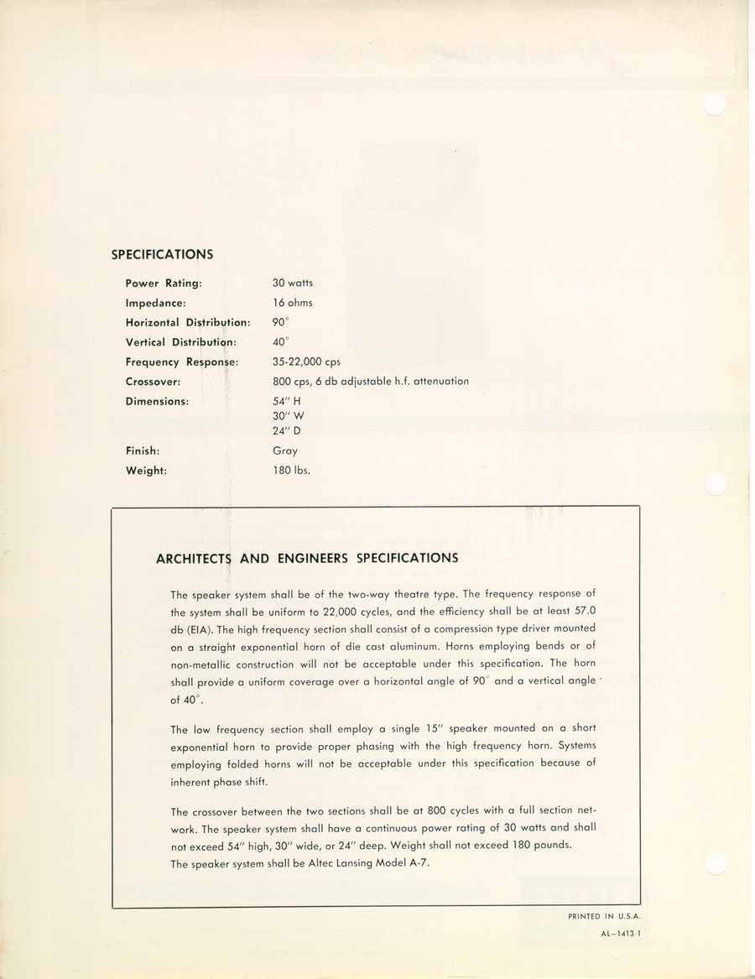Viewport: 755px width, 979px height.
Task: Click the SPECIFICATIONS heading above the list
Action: (162, 254)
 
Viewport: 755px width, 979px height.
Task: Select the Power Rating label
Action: (164, 284)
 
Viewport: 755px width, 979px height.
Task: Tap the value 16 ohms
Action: (292, 303)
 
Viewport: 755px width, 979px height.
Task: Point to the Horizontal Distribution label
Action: (188, 323)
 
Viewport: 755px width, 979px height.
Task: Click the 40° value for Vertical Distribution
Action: (280, 341)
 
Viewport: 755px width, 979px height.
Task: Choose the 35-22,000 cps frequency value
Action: (306, 362)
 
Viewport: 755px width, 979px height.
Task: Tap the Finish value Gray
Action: (285, 451)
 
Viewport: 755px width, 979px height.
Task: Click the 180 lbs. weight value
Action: (291, 471)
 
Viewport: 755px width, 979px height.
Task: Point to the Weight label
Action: (146, 471)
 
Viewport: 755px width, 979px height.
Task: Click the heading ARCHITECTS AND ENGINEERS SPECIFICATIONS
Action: (307, 558)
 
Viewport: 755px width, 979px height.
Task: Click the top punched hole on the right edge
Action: (714, 103)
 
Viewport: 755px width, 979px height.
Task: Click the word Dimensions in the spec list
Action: (157, 401)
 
